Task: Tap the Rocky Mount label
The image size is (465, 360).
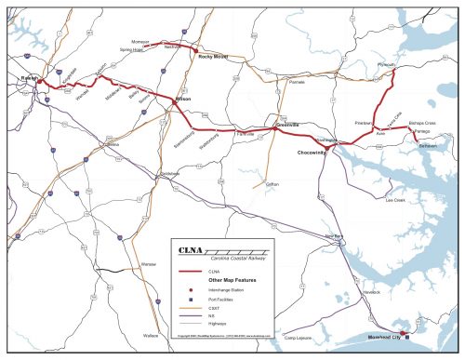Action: tap(214, 56)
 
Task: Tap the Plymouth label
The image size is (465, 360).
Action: tap(386, 65)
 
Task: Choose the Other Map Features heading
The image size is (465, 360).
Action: tap(232, 280)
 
